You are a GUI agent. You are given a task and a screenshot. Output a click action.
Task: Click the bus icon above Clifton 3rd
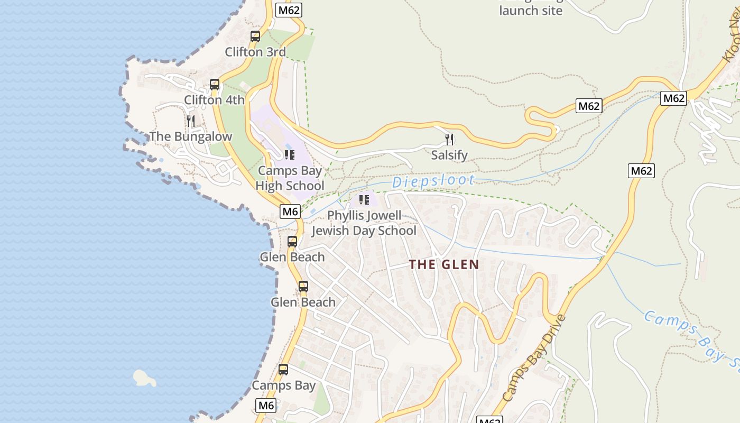[255, 36]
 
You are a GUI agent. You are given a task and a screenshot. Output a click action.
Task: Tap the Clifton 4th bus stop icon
[215, 85]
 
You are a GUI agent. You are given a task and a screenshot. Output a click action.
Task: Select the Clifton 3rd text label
[255, 52]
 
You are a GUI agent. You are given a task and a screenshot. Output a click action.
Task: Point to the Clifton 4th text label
[214, 100]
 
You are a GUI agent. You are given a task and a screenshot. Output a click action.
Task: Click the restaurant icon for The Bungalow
[191, 121]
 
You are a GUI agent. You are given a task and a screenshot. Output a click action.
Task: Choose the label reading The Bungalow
[191, 136]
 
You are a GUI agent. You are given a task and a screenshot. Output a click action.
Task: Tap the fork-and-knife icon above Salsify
[449, 140]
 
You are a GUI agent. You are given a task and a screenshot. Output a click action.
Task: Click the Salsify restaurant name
[449, 155]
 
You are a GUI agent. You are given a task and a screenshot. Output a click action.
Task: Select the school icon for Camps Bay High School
[289, 155]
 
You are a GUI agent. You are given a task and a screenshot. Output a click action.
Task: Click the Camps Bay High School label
[290, 178]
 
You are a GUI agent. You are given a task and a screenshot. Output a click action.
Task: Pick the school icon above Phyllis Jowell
[364, 200]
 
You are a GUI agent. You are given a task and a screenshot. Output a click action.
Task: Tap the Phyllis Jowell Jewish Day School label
[364, 223]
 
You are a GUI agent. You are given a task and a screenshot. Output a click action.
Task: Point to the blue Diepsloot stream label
[433, 181]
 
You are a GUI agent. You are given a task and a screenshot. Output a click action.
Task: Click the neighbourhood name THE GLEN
[444, 265]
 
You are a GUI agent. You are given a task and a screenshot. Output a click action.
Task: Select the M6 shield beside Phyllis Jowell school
[290, 212]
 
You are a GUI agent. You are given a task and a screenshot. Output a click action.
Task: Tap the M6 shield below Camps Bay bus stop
[266, 406]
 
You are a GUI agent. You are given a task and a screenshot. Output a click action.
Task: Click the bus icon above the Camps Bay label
[283, 370]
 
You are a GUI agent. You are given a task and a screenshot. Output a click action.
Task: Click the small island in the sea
[144, 378]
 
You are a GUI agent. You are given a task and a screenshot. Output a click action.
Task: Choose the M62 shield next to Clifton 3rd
[289, 10]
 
